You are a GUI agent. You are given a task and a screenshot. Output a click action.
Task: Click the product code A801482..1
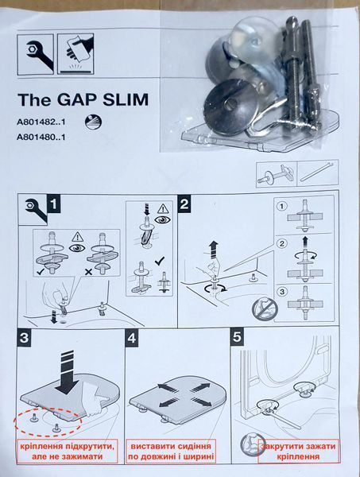click(41, 122)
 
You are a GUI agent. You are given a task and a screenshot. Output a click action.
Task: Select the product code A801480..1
click(41, 138)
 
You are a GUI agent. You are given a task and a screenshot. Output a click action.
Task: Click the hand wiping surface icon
click(76, 54)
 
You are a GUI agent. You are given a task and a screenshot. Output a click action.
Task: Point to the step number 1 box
click(54, 204)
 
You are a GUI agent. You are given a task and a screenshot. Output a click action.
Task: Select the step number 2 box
click(184, 204)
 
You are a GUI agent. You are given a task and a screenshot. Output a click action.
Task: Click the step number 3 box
click(24, 338)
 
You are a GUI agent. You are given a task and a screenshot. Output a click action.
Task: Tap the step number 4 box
click(132, 338)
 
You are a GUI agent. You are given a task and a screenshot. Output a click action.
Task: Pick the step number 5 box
click(237, 337)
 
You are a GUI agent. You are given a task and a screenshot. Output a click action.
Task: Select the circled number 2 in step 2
click(282, 244)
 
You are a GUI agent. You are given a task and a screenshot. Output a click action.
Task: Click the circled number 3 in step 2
click(282, 292)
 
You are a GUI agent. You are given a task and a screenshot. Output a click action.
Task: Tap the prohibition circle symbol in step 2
click(265, 308)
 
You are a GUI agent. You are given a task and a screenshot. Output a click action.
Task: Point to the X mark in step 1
click(88, 272)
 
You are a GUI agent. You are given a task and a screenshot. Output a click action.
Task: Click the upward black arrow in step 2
click(214, 247)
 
